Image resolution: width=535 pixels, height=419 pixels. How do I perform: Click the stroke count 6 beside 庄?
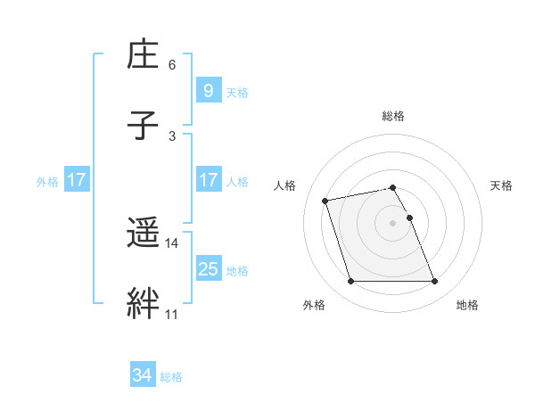(172, 65)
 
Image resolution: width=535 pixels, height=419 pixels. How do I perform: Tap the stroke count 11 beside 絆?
(172, 314)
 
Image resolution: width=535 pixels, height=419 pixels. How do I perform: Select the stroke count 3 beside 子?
(172, 136)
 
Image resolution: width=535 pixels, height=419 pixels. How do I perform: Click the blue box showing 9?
(208, 91)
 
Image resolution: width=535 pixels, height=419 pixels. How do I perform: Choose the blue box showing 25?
(208, 269)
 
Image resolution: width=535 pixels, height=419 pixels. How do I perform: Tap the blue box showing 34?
(143, 376)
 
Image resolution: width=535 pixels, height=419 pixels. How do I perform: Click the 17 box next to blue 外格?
(76, 180)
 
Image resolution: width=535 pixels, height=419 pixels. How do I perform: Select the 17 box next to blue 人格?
(208, 180)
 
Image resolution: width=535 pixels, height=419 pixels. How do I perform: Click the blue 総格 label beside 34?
(171, 377)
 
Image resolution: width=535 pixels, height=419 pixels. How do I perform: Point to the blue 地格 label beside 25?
(237, 270)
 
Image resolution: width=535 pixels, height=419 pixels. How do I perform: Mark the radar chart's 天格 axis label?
(501, 185)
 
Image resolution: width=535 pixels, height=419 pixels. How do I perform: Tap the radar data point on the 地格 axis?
(434, 282)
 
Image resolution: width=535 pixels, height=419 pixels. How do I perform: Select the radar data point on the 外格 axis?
(350, 282)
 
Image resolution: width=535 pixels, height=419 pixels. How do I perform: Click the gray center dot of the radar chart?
(392, 222)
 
